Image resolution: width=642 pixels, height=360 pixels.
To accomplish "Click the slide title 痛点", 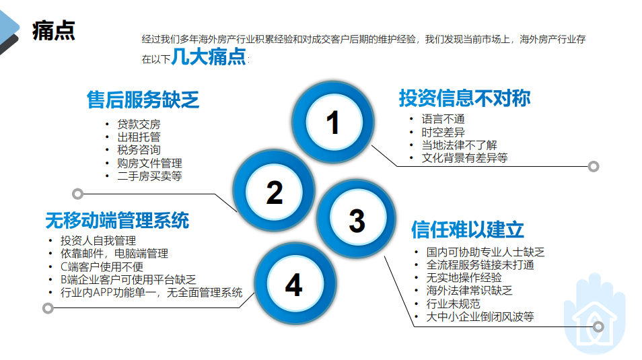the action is (x=54, y=30).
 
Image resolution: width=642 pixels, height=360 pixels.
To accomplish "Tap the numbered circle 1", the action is (x=333, y=122).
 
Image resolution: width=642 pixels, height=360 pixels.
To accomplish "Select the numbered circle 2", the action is (x=274, y=191).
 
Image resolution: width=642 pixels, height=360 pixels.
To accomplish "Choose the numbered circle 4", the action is (x=295, y=284).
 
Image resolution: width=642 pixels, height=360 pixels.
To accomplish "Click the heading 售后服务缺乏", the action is (x=143, y=100).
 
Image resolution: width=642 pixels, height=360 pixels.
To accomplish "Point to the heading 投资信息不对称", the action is (x=465, y=98).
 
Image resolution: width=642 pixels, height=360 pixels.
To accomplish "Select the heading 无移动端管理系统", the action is (x=117, y=220).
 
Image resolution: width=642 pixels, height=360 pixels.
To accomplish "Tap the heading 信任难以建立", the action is (x=468, y=229).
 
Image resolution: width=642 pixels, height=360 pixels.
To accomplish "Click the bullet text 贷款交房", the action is (x=139, y=124).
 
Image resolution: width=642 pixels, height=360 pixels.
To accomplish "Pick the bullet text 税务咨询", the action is (x=139, y=150).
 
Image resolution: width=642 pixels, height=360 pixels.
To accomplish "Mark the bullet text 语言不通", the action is (x=443, y=119).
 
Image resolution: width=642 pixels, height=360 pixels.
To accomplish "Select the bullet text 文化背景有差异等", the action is (x=465, y=157).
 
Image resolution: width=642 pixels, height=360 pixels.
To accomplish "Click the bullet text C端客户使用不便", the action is (x=102, y=267).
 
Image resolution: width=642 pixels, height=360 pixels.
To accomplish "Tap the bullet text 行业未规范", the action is (x=454, y=303).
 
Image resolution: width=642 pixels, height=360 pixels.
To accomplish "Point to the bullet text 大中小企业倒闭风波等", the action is (x=480, y=316).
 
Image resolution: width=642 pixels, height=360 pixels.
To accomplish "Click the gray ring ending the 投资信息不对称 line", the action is (x=594, y=166).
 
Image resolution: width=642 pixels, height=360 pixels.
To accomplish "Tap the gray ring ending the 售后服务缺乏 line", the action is (x=78, y=194).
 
